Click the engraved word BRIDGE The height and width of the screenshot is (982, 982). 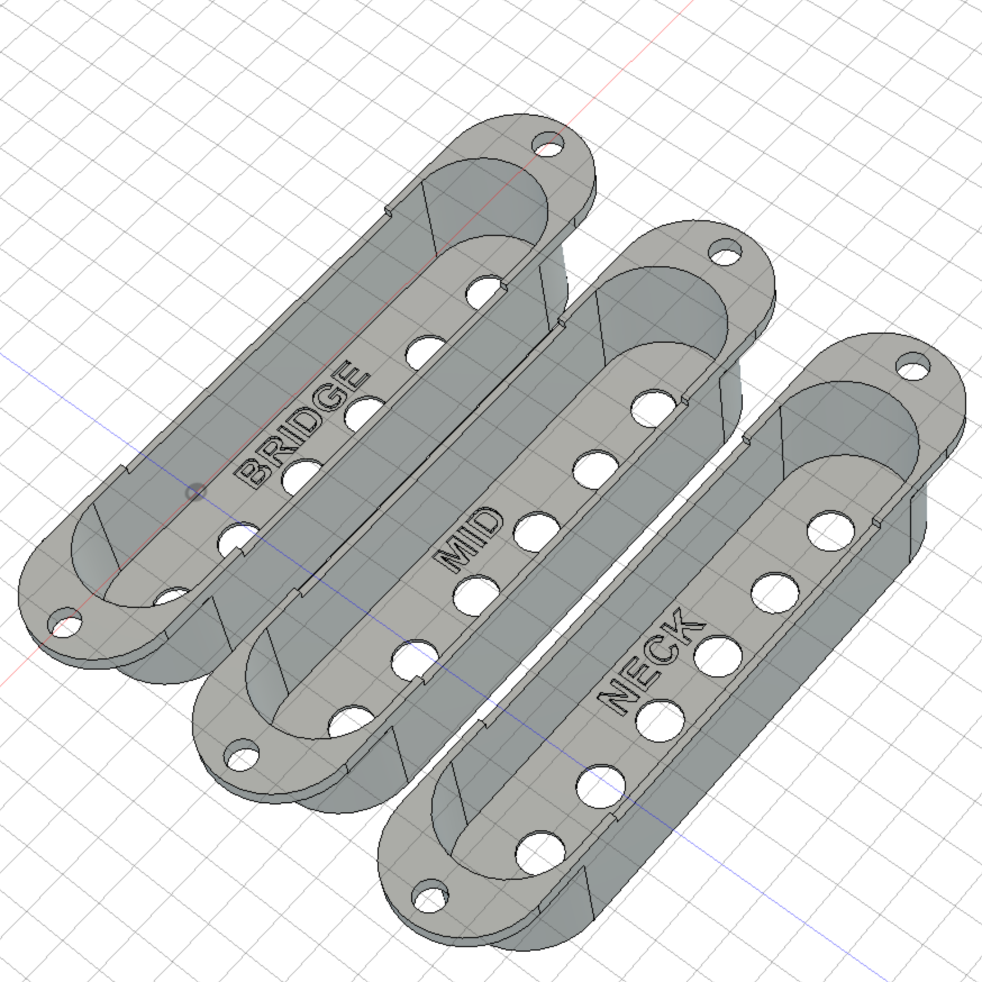click(304, 424)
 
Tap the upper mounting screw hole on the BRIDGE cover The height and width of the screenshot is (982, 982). click(548, 144)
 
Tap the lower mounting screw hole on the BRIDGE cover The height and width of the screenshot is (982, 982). click(65, 622)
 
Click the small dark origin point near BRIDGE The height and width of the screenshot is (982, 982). click(195, 493)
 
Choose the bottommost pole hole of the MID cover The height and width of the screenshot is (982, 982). click(351, 721)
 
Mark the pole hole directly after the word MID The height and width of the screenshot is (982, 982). click(537, 531)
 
